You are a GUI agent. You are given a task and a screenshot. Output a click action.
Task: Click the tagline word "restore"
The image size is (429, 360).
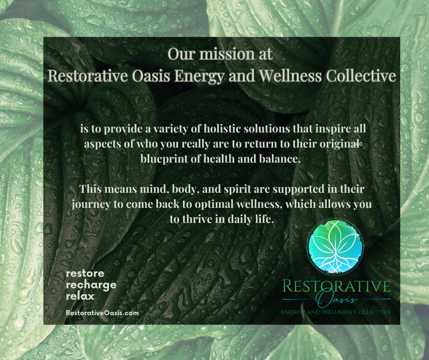[85, 274]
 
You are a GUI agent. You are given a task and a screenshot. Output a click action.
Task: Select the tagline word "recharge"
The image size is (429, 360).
[91, 285]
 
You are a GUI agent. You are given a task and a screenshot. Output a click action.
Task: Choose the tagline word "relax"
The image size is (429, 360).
[80, 296]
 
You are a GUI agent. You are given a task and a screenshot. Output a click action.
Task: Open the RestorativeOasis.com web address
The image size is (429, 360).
[102, 313]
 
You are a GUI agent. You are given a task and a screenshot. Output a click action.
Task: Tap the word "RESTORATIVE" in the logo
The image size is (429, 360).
[337, 286]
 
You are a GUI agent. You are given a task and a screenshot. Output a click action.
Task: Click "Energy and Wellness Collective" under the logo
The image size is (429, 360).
[336, 312]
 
